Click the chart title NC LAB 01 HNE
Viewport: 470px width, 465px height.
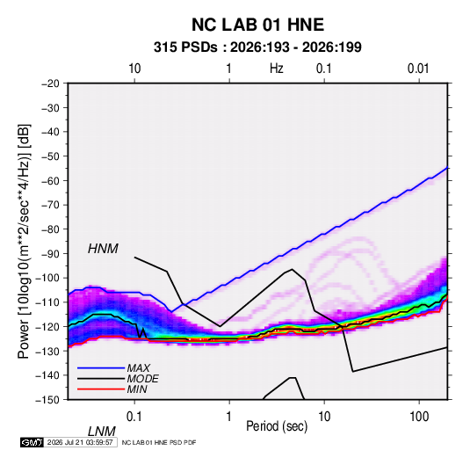coord(257,25)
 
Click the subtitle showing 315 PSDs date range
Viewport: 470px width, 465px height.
coord(257,47)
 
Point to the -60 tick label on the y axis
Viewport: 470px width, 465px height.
coord(50,180)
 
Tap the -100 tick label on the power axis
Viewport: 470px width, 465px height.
coord(47,278)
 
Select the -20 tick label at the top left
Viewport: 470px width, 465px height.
coord(50,84)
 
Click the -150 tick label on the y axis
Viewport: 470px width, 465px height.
coord(47,400)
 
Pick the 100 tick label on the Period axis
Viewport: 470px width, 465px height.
coord(419,417)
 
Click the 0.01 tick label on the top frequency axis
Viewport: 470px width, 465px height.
coord(418,69)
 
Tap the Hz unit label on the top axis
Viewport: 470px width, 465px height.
coord(276,69)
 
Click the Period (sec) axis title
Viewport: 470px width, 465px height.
coord(277,426)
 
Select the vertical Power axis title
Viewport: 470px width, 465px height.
coord(24,242)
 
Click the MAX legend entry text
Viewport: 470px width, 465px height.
coord(139,368)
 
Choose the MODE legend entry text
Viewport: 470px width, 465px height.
coord(142,379)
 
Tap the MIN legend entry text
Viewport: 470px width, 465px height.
coord(137,389)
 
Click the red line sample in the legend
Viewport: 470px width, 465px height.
coord(101,389)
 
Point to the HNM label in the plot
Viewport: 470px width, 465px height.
coord(103,249)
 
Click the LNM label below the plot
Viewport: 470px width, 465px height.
coord(102,432)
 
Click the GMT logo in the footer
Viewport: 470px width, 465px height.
coord(32,442)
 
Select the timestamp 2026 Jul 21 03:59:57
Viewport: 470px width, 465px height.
coord(80,442)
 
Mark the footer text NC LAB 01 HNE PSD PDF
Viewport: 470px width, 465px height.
coord(159,442)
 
